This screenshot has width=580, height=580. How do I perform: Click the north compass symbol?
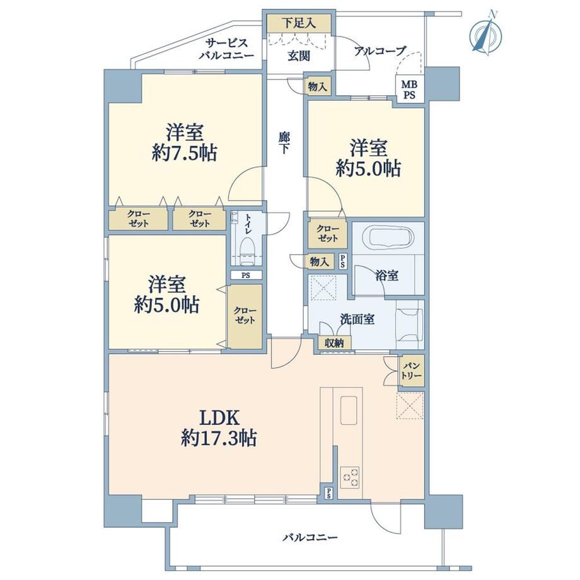click(485, 34)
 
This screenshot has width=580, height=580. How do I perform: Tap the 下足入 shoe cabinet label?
click(299, 23)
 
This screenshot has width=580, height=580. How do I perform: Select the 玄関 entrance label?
click(299, 56)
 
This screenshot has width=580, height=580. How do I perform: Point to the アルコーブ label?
click(380, 50)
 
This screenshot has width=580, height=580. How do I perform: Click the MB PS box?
click(410, 90)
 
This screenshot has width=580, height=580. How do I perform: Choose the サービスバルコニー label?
click(226, 49)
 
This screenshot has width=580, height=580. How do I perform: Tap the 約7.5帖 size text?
click(184, 153)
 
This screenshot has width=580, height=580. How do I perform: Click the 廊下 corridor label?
click(284, 142)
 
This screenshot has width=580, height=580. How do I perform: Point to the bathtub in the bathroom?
click(388, 238)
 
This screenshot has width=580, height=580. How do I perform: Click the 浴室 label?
click(387, 275)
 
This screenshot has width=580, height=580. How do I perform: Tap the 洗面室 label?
click(357, 319)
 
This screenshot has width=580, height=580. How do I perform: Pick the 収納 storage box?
click(334, 343)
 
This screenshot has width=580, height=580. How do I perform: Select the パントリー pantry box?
click(411, 371)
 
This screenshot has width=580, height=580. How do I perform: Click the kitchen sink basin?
click(349, 410)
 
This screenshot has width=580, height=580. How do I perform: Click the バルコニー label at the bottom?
click(310, 537)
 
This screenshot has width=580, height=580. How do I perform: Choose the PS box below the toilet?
click(246, 275)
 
